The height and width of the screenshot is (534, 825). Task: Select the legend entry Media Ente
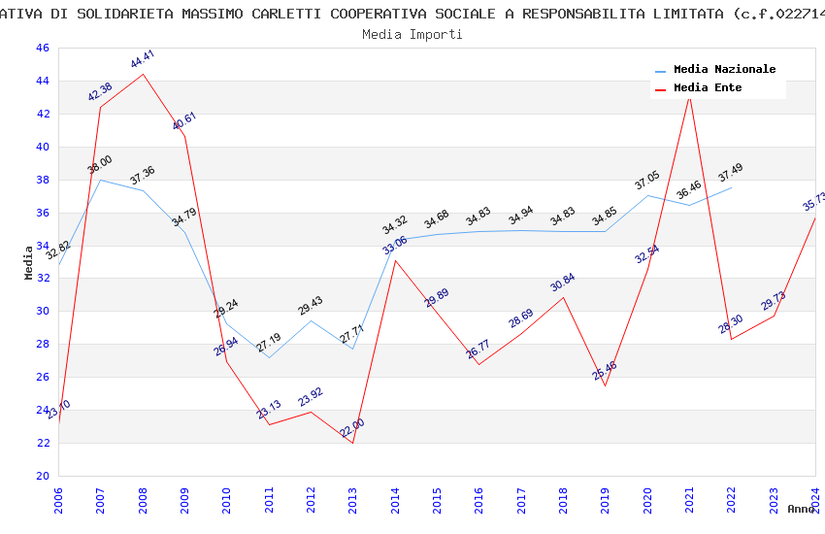click(x=708, y=88)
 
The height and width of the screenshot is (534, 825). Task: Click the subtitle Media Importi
click(x=412, y=34)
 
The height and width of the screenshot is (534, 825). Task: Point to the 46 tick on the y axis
click(x=41, y=49)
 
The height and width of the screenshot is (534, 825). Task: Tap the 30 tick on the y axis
click(x=41, y=312)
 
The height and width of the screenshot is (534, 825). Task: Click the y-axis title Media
click(x=29, y=262)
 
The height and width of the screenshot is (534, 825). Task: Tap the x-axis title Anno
click(x=801, y=509)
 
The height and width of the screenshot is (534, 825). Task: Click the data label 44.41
click(x=143, y=60)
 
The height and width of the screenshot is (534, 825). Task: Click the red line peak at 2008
click(x=143, y=74)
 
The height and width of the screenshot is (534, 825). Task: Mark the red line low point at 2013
click(x=352, y=443)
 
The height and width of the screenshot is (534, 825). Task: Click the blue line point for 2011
click(x=269, y=357)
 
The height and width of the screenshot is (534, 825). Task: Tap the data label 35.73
click(x=814, y=202)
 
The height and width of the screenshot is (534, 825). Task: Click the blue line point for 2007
click(x=100, y=180)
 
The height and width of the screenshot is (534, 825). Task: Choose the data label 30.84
click(x=563, y=283)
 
